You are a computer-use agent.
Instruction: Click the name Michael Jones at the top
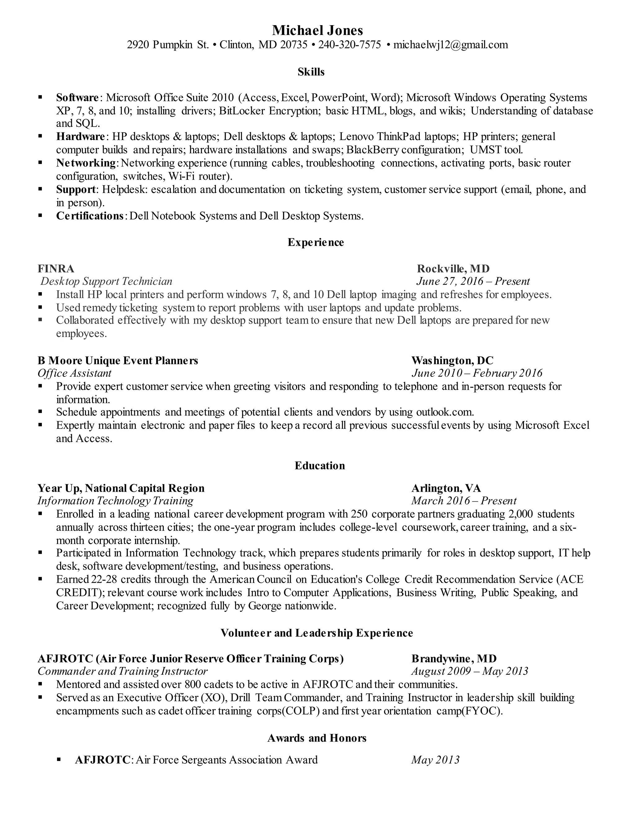(317, 30)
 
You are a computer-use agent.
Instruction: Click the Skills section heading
(311, 72)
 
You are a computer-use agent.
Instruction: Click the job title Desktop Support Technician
(106, 281)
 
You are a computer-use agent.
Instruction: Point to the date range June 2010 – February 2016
(477, 373)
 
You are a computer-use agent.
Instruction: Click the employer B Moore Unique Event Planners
(118, 361)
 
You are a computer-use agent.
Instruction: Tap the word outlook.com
(444, 412)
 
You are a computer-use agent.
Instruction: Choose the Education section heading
(319, 465)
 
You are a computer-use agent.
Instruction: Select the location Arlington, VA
(446, 488)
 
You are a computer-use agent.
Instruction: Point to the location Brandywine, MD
(454, 658)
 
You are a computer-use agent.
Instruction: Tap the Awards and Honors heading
(317, 738)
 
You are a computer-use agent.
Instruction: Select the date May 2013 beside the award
(435, 760)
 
